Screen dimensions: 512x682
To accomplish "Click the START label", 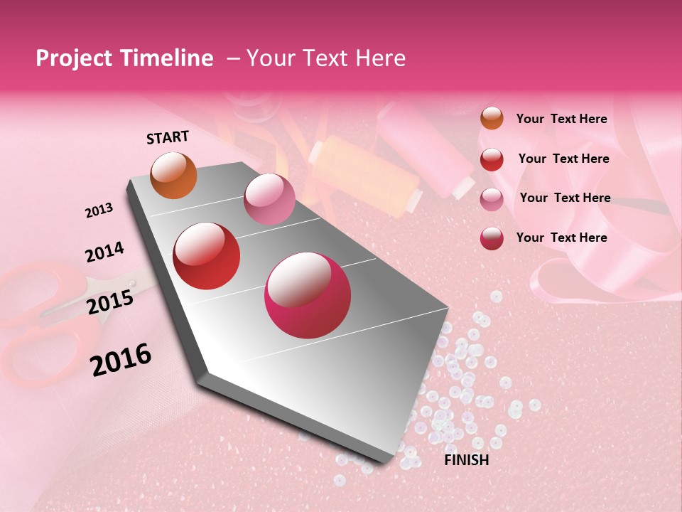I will coord(168,137).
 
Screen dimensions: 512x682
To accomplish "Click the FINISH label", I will coord(466,460).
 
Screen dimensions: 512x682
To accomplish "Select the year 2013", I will coord(99,210).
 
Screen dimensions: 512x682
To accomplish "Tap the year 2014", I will coord(104,252).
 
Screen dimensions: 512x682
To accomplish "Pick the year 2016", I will coord(121,359).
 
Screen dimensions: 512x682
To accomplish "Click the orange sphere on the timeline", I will coord(173,175).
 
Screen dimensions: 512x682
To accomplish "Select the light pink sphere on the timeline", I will coord(269,198).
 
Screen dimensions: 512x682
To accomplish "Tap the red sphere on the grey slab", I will coord(207,256).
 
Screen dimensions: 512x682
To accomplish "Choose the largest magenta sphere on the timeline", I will coord(308,295).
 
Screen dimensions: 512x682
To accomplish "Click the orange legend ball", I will coord(492,119).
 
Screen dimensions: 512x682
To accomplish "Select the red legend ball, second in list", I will coord(492,159).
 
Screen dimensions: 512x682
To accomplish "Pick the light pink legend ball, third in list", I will coord(492,199).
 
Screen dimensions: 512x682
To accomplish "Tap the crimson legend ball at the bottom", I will coord(492,238).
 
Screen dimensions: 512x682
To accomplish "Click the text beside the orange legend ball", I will coord(561,119).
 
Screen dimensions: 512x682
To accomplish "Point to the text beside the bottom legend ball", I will coord(561,238).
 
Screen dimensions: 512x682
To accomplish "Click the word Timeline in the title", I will coord(168,58).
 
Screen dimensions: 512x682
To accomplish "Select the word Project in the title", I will coord(75,58).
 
